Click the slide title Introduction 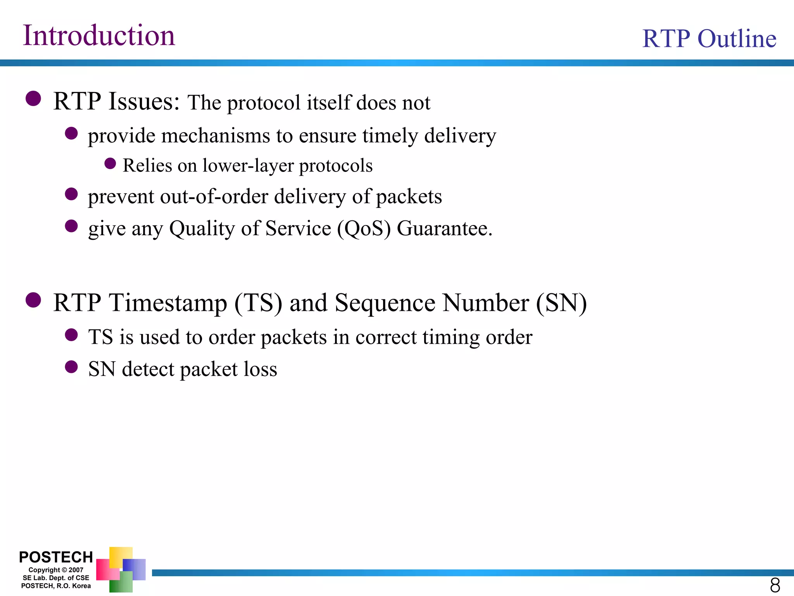coord(99,36)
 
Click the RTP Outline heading coord(709,39)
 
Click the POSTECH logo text coord(56,557)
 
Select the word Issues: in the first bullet coord(144,102)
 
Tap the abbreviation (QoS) coord(364,228)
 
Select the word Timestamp coord(168,303)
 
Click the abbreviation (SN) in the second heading coord(561,303)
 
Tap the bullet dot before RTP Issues coord(33,99)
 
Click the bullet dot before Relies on coord(110,163)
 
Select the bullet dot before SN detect coord(71,367)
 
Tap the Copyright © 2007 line coord(56,570)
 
